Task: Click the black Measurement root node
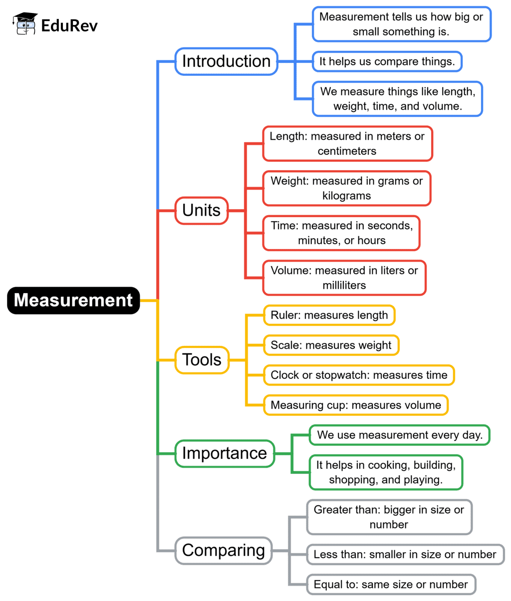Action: click(73, 300)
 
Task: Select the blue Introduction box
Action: click(226, 61)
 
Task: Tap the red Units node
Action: click(201, 210)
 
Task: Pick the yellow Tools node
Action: click(202, 359)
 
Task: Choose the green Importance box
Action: click(225, 453)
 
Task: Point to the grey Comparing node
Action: click(224, 550)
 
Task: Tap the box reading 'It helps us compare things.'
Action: click(387, 61)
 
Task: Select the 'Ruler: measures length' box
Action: click(329, 315)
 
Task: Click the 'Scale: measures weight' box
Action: click(331, 345)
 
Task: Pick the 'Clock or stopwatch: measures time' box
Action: click(359, 375)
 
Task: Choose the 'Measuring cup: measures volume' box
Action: click(356, 405)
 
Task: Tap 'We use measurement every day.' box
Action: click(400, 435)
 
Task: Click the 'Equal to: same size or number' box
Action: click(391, 584)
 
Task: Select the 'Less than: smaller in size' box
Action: click(405, 554)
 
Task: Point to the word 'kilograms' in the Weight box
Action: click(346, 196)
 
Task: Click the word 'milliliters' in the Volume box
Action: click(344, 286)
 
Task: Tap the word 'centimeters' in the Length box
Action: click(347, 151)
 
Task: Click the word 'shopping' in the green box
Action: click(350, 480)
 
